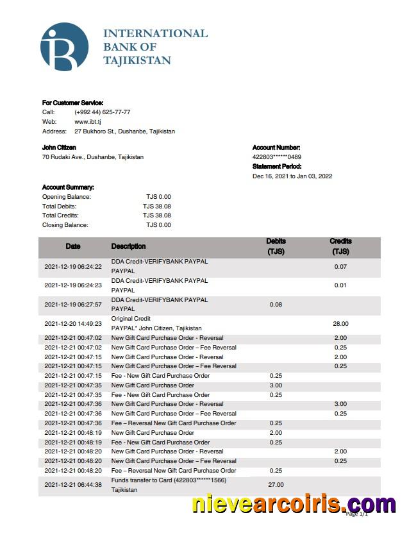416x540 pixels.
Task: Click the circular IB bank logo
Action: point(64,47)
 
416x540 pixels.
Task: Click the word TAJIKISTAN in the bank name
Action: point(137,61)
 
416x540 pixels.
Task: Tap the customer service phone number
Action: point(103,112)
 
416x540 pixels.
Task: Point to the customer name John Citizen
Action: point(59,148)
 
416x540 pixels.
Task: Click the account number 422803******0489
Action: point(277,157)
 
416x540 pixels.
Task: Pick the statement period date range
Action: point(292,176)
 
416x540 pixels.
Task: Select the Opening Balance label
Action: point(67,197)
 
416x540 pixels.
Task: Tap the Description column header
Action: point(128,246)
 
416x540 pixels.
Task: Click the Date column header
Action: point(73,246)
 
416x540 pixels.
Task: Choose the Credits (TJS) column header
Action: point(340,247)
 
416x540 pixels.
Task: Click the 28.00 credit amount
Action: point(340,324)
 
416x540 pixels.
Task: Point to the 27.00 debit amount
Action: point(276,485)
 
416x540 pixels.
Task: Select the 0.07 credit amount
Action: point(340,266)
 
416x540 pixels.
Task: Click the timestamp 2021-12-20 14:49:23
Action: point(73,324)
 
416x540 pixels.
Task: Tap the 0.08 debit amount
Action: point(276,305)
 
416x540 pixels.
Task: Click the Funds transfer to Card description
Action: point(169,480)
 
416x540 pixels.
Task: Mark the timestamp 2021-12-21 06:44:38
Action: point(73,485)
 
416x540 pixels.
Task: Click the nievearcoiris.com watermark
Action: point(294,504)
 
